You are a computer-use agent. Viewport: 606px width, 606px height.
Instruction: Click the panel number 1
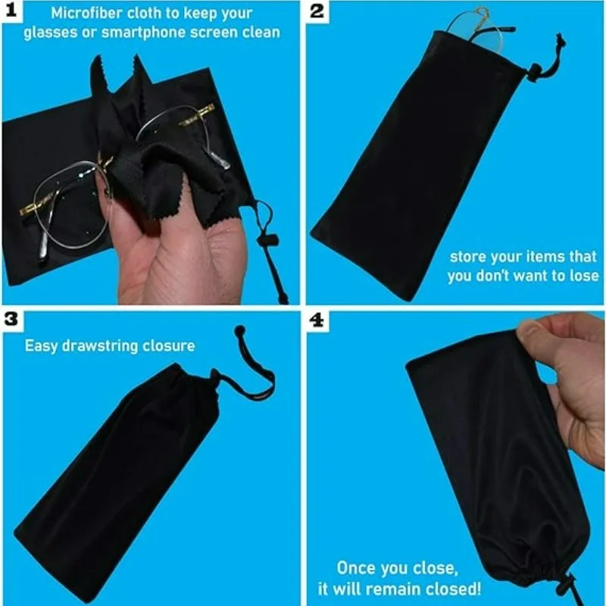click(x=11, y=14)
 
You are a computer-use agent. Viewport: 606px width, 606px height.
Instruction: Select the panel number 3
click(x=11, y=319)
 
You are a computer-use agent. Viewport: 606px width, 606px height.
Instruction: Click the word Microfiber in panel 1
click(x=83, y=13)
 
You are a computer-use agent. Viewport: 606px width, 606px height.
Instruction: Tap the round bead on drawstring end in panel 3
click(x=240, y=331)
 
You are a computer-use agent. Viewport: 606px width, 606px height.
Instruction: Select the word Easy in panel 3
click(x=39, y=346)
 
